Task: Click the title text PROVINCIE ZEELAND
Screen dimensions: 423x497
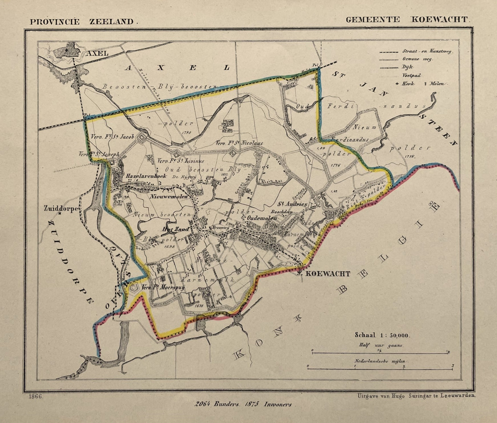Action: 83,21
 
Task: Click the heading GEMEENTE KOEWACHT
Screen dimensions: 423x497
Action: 408,19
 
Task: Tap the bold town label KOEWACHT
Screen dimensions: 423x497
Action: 328,274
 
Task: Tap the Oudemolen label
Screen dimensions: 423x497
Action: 261,218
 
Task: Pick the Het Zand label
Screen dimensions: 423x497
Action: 176,229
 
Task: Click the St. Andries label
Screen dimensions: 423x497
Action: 292,204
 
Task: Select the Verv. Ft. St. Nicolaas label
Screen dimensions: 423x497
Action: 239,143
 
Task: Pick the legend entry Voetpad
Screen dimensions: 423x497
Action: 411,75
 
